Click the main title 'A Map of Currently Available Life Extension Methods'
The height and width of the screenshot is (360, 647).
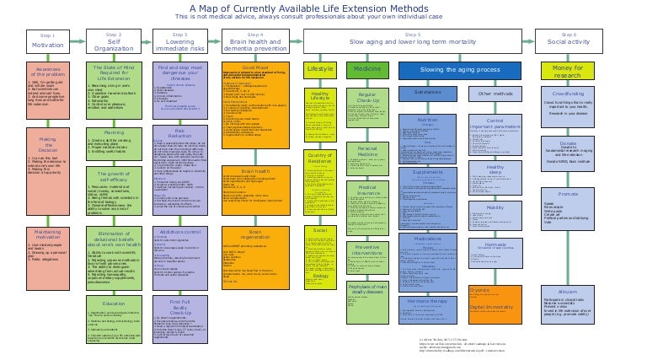(x=323, y=8)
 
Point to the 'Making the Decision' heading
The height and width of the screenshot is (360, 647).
(x=47, y=143)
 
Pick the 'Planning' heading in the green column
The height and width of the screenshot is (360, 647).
(x=113, y=132)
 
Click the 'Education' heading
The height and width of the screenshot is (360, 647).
(x=113, y=280)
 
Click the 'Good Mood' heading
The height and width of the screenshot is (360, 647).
(x=255, y=67)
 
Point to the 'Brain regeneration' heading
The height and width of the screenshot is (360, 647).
(x=255, y=233)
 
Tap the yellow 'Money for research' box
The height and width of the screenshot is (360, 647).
(x=569, y=71)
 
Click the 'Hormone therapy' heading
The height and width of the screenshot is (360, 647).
(x=428, y=300)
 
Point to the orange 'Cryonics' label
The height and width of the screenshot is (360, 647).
(x=479, y=289)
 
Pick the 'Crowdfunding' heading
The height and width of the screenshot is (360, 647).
(x=569, y=94)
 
